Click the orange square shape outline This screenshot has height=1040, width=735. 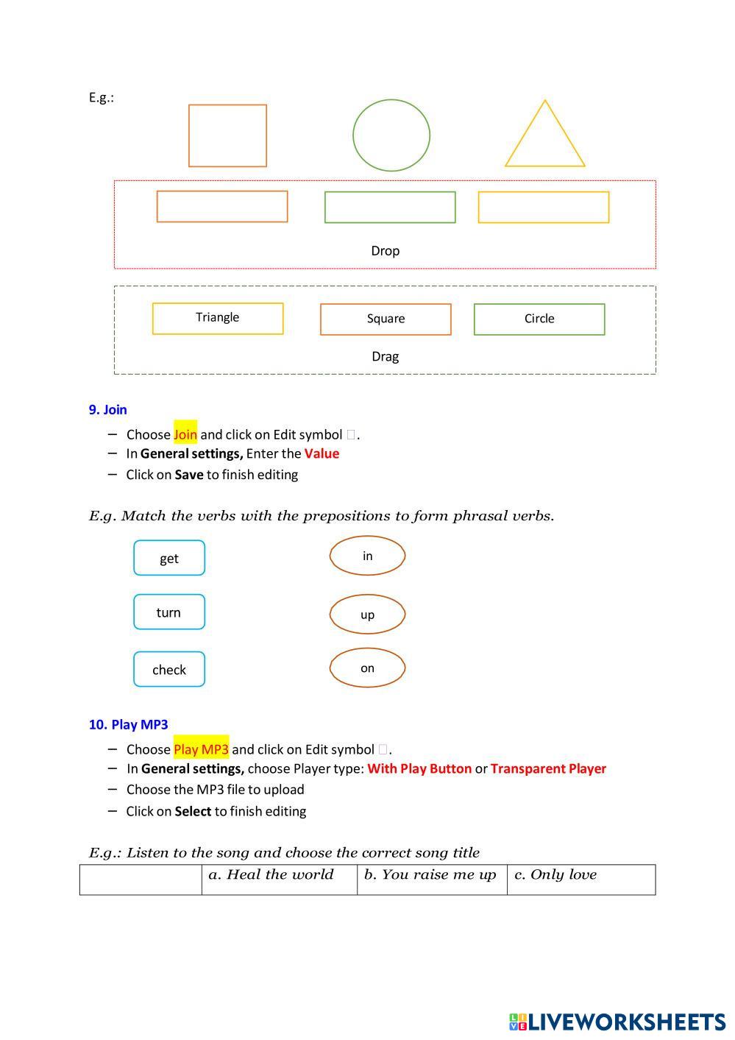click(x=227, y=135)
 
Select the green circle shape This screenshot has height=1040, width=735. click(x=391, y=135)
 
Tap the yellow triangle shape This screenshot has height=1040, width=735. click(x=544, y=140)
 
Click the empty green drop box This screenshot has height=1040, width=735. click(x=390, y=207)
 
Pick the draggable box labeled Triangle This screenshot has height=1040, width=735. click(x=218, y=318)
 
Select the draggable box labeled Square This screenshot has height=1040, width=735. click(x=386, y=319)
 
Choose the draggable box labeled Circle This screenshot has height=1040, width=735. click(x=539, y=319)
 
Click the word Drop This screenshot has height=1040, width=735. click(x=385, y=251)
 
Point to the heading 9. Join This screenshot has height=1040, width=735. click(x=107, y=410)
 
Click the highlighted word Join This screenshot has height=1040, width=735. click(x=185, y=434)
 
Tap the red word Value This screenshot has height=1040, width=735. click(x=322, y=453)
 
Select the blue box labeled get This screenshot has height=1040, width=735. click(x=169, y=558)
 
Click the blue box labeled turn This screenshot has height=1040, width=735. click(x=169, y=612)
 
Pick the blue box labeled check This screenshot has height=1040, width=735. click(x=169, y=669)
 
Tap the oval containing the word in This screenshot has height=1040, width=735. click(x=367, y=556)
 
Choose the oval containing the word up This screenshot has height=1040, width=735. click(x=367, y=614)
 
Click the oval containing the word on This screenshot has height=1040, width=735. click(x=367, y=668)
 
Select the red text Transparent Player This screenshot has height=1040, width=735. click(x=548, y=768)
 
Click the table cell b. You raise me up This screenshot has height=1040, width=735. click(x=431, y=879)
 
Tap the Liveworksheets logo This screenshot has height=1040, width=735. click(x=617, y=1022)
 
